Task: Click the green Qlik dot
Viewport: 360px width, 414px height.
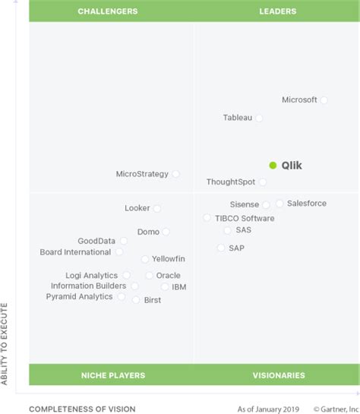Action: pyautogui.click(x=273, y=166)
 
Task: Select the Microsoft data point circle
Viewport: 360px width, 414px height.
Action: pyautogui.click(x=324, y=100)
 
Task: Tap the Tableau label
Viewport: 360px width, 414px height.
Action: pyautogui.click(x=238, y=118)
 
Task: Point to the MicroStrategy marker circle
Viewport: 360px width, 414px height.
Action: pyautogui.click(x=176, y=174)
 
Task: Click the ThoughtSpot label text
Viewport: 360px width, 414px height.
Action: pyautogui.click(x=231, y=182)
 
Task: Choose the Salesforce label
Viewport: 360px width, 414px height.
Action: pyautogui.click(x=307, y=204)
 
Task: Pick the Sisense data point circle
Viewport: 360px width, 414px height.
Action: pyautogui.click(x=266, y=205)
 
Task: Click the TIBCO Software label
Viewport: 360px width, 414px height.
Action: pyautogui.click(x=245, y=218)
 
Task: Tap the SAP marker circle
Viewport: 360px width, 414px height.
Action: pyautogui.click(x=221, y=248)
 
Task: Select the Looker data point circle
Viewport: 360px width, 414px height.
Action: pyautogui.click(x=157, y=208)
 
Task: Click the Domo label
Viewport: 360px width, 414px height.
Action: pyautogui.click(x=148, y=232)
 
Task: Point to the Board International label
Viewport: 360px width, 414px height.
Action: pyautogui.click(x=75, y=252)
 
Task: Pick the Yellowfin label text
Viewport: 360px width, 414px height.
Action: pyautogui.click(x=168, y=259)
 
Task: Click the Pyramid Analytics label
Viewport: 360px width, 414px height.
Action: pyautogui.click(x=80, y=297)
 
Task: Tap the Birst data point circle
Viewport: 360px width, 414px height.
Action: pyautogui.click(x=136, y=300)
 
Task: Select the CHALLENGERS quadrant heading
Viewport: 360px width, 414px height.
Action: pyautogui.click(x=108, y=11)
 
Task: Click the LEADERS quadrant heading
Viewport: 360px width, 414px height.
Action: pyautogui.click(x=277, y=11)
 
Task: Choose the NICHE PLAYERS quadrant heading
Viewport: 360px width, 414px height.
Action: pyautogui.click(x=113, y=375)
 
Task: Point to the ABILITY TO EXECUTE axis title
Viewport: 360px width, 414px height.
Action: pyautogui.click(x=5, y=343)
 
